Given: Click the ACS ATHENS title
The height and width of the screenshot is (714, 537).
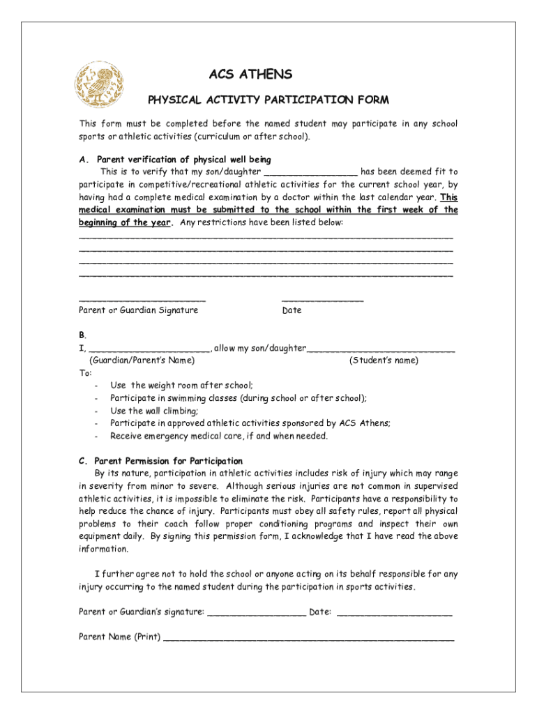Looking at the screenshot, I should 250,75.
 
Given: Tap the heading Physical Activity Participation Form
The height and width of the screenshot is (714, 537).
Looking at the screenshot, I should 268,100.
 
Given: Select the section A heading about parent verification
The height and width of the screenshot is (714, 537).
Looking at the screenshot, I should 175,159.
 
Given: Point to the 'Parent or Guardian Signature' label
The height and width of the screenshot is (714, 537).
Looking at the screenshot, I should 138,310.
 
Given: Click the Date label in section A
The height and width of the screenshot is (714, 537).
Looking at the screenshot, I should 292,310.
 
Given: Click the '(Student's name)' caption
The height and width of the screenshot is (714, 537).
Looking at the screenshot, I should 384,360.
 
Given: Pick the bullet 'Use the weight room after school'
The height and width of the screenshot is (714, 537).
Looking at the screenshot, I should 181,385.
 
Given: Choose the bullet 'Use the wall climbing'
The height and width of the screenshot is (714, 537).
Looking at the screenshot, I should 154,411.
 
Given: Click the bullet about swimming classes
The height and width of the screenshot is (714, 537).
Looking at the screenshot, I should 238,398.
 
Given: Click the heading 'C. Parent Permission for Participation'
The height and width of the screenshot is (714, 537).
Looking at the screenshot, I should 160,461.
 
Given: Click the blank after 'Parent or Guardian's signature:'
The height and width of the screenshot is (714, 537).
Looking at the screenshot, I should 257,614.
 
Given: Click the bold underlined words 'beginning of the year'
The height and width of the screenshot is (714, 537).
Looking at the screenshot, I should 125,222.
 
